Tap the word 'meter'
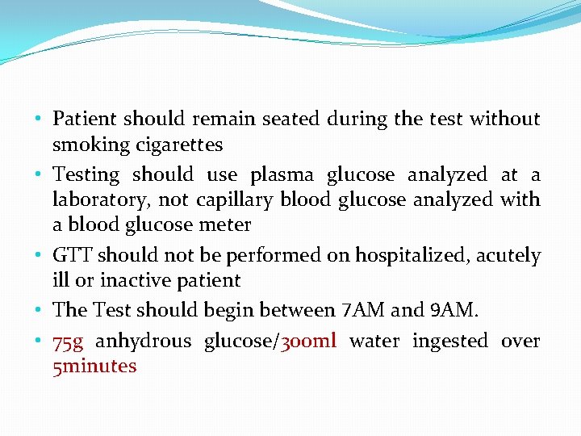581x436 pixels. pos(228,224)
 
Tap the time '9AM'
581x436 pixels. pos(453,310)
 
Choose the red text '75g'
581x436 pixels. pos(68,342)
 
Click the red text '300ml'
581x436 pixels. pos(307,342)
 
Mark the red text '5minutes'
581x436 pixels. pos(94,367)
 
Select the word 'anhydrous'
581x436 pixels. pos(144,342)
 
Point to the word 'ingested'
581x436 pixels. pos(450,342)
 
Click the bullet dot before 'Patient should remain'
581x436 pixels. pos(39,119)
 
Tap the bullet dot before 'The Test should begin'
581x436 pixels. pos(39,310)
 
